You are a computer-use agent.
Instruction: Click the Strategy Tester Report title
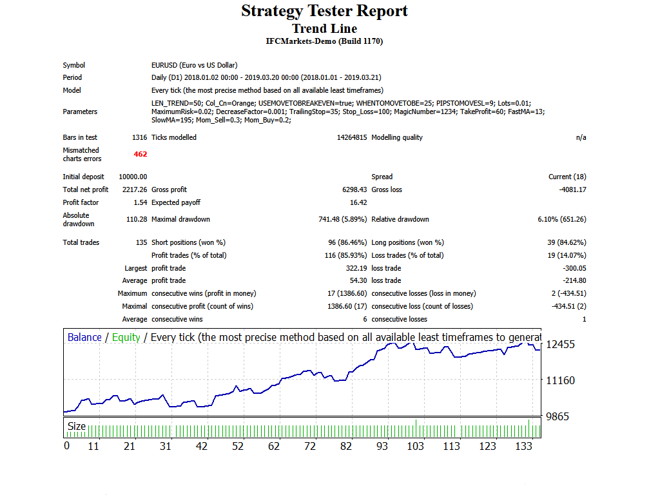pos(324,11)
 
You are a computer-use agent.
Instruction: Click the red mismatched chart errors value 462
pos(141,155)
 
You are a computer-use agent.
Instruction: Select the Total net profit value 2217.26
pos(134,189)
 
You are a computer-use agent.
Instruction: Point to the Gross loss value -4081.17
pos(572,189)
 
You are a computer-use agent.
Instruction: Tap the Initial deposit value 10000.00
pos(133,177)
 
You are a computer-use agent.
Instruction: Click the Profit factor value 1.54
pos(140,202)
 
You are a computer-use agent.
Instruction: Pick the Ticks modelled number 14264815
pos(352,137)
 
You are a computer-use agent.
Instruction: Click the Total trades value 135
pos(141,242)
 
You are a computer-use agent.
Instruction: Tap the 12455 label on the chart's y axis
pos(560,344)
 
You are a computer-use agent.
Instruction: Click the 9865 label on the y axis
pos(557,416)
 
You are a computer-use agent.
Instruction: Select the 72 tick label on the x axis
pos(310,446)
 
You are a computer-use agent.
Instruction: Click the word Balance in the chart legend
pos(84,337)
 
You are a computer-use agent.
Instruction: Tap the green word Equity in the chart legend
pos(126,337)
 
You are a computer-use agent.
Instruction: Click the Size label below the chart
pos(77,426)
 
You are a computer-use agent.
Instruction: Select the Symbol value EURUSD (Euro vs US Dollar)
pos(194,65)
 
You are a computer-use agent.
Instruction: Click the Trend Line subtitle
pos(324,28)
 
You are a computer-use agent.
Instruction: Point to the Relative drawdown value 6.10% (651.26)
pos(562,219)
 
